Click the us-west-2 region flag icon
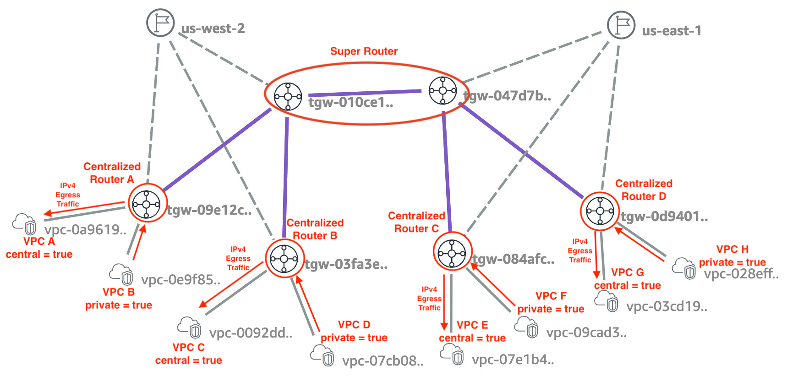click(160, 22)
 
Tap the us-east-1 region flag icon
click(621, 25)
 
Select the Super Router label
click(364, 51)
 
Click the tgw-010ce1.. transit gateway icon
click(288, 97)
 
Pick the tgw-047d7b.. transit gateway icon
click(443, 90)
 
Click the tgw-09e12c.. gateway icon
click(146, 204)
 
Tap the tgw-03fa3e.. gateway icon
click(284, 259)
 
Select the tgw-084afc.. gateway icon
click(452, 253)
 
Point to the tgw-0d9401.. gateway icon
click(600, 211)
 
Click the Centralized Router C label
click(416, 222)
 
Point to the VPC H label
click(732, 249)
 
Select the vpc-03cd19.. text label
click(667, 306)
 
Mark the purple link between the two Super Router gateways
click(365, 93)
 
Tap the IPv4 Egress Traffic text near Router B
click(238, 259)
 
